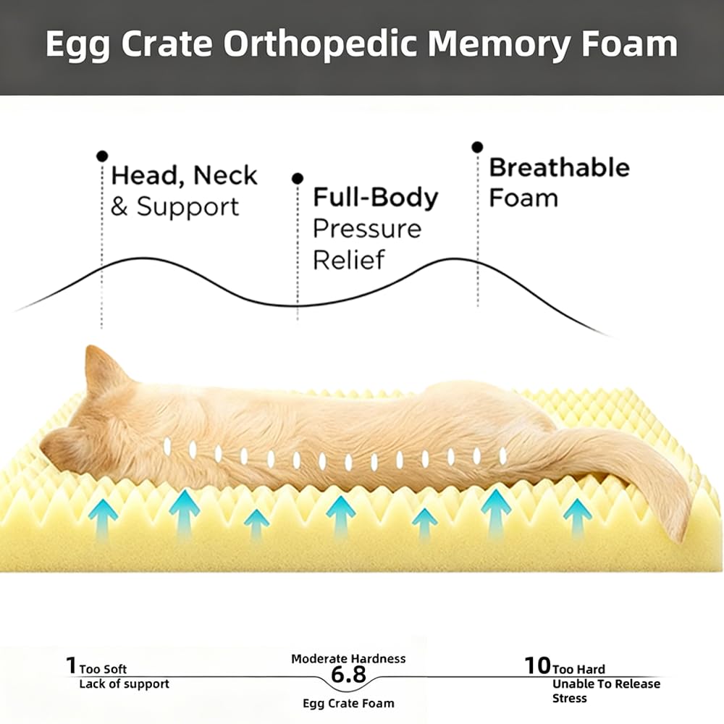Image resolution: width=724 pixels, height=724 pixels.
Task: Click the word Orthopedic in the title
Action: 321,45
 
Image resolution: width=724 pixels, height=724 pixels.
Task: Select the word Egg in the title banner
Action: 78,45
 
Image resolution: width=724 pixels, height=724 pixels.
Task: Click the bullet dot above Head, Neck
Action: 102,156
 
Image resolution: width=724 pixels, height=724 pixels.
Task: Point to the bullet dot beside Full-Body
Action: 298,179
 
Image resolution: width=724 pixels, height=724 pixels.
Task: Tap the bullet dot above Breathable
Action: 477,147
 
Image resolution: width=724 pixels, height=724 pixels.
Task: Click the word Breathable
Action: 559,167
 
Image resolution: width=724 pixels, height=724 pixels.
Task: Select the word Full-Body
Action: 375,198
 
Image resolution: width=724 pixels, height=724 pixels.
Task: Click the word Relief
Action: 349,259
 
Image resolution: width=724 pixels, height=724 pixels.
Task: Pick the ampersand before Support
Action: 119,207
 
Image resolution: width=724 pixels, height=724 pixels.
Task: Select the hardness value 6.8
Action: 349,675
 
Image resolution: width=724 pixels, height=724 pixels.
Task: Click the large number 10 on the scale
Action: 538,666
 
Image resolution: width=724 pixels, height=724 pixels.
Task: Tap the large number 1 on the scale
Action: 71,666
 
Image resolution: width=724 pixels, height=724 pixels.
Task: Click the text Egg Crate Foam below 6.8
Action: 349,704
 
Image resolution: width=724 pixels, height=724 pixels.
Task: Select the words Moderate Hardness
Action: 349,659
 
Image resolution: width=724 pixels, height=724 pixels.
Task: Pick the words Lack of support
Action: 125,684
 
